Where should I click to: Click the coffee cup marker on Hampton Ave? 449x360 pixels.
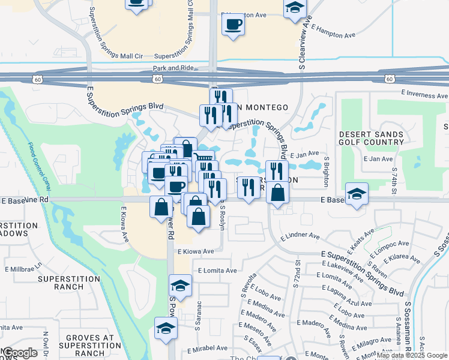tap(233, 25)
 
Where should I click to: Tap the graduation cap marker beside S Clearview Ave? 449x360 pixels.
tap(294, 8)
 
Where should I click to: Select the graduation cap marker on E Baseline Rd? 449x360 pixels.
tap(357, 194)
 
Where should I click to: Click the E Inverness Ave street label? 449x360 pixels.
tap(424, 94)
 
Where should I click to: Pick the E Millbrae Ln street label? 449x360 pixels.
tap(24, 266)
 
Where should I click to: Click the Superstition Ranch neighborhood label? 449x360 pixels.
tap(69, 283)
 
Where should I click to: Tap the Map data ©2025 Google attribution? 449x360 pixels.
tap(412, 355)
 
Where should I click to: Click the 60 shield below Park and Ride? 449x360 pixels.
tap(157, 79)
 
